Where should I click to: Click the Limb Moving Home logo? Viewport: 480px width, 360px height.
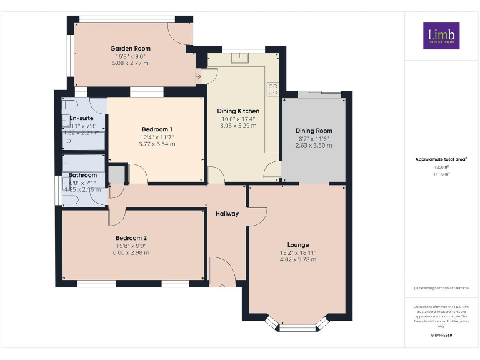pyautogui.click(x=441, y=36)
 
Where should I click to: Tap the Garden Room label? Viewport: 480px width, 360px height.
pyautogui.click(x=130, y=49)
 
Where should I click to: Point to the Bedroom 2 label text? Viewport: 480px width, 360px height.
pyautogui.click(x=131, y=237)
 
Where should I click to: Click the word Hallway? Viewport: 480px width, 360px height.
pyautogui.click(x=227, y=214)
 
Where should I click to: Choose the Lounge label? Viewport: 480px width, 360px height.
pyautogui.click(x=297, y=244)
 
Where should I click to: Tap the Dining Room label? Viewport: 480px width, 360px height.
pyautogui.click(x=313, y=131)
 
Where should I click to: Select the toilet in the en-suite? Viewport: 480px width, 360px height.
pyautogui.click(x=69, y=104)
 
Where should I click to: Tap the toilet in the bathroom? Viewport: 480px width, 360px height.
pyautogui.click(x=69, y=199)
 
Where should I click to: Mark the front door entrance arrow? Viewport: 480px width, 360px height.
pyautogui.click(x=222, y=286)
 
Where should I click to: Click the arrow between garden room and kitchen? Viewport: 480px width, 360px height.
pyautogui.click(x=198, y=77)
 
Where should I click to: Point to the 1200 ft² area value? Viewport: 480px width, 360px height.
pyautogui.click(x=441, y=167)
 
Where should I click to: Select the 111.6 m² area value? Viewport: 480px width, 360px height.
pyautogui.click(x=441, y=174)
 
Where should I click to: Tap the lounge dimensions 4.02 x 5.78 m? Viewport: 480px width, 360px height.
pyautogui.click(x=297, y=259)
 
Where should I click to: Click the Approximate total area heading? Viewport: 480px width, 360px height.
pyautogui.click(x=441, y=159)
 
